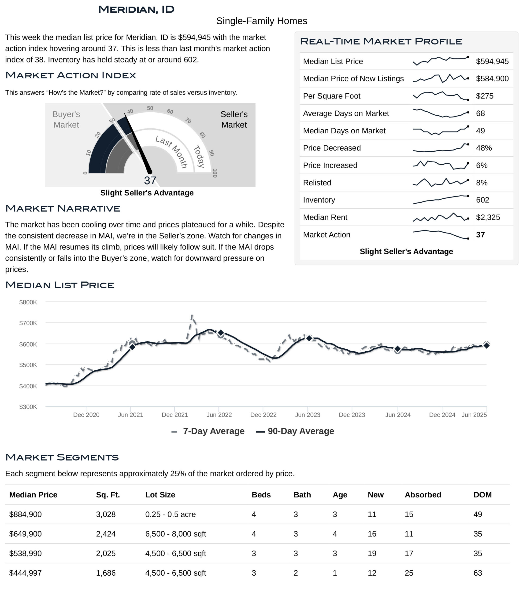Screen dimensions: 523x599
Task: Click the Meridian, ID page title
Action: click(x=136, y=9)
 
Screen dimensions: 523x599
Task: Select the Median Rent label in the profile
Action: click(x=325, y=217)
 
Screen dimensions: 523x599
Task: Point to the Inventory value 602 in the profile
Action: click(x=482, y=200)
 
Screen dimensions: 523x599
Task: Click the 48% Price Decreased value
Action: click(x=484, y=148)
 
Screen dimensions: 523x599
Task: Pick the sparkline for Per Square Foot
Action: click(x=441, y=96)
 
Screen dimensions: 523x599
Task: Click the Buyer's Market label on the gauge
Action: click(x=66, y=120)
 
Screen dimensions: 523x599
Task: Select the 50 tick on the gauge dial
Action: click(x=150, y=108)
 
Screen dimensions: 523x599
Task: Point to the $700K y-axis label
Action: click(x=28, y=323)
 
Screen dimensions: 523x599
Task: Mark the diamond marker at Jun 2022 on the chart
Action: click(x=221, y=333)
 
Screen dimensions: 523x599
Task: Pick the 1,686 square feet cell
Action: click(x=106, y=573)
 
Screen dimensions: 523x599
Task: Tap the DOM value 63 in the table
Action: click(x=478, y=573)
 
